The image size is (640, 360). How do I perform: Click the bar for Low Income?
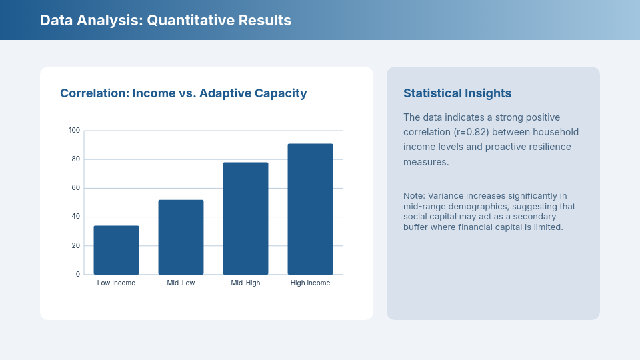pos(116,250)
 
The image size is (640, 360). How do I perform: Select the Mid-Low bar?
pos(181,237)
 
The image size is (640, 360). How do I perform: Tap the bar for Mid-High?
pos(245,219)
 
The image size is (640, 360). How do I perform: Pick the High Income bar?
pos(310,209)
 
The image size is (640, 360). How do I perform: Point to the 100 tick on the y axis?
pos(74,130)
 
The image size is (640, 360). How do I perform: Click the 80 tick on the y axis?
pos(75,159)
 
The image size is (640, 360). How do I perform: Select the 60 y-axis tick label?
pos(75,187)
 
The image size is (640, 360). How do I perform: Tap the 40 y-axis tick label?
pos(75,216)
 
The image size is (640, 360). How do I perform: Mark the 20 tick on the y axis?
pos(75,245)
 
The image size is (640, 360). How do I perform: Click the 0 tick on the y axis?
pos(77,274)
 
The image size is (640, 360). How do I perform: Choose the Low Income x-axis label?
pos(116,283)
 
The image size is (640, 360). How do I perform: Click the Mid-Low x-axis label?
pos(181,283)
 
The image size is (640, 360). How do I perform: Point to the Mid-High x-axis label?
pos(245,283)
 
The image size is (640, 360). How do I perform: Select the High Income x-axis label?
pos(310,283)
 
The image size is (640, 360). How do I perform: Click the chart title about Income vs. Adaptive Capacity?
pos(183,93)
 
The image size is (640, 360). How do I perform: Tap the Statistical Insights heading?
pos(457,93)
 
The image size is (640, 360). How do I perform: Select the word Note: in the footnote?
pos(414,196)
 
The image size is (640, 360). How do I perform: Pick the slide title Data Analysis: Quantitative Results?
pos(165,20)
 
